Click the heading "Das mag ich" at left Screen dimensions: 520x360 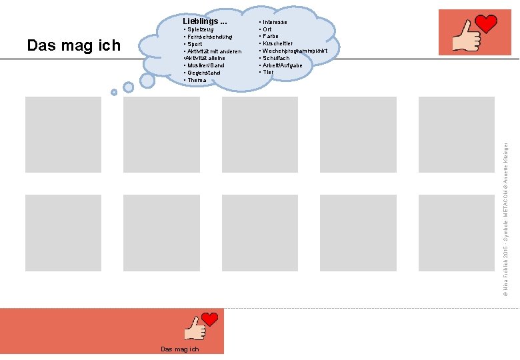tap(73, 45)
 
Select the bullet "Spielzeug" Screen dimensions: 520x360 tap(200, 29)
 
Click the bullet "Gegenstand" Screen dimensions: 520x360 tap(203, 73)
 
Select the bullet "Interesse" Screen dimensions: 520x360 tap(275, 22)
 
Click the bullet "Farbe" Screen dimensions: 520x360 tap(270, 37)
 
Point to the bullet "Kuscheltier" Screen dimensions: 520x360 tap(277, 44)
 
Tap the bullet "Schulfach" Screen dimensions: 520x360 tap(275, 58)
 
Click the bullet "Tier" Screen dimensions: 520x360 tap(267, 72)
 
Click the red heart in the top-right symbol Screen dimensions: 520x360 tap(486, 24)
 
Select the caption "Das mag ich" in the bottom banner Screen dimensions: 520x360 tap(180, 349)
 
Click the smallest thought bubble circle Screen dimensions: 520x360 tap(114, 92)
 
